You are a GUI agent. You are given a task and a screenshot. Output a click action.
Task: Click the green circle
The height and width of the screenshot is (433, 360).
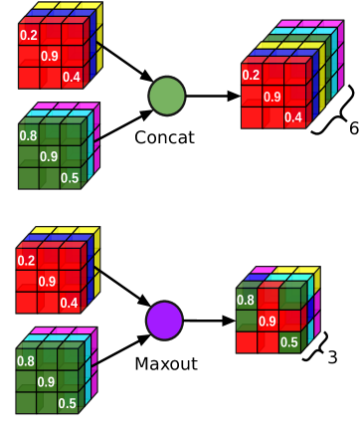[167, 96]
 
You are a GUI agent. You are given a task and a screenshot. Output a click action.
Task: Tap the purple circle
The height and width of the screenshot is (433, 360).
[164, 321]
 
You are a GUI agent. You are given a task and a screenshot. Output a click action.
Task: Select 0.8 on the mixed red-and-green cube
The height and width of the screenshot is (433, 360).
[246, 300]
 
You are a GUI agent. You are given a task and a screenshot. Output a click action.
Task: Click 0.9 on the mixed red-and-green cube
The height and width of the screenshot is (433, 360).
[268, 322]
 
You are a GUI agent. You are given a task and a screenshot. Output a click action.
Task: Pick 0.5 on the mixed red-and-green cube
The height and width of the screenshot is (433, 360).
[288, 342]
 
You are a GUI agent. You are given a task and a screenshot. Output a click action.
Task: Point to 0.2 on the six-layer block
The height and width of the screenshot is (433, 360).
[251, 75]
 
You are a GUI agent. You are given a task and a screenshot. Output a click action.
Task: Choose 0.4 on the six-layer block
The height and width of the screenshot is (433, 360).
[293, 117]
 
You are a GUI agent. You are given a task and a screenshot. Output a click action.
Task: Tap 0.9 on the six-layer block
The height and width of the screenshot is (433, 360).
[271, 97]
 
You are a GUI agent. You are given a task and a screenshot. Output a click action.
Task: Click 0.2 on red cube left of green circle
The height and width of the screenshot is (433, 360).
[28, 36]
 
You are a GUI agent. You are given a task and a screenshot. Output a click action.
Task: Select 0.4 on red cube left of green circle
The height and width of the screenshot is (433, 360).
[71, 78]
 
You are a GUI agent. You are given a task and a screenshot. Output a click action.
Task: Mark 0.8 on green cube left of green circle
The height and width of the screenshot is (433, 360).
[28, 135]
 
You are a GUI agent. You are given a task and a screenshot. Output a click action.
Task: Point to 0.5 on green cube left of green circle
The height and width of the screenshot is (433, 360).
[70, 178]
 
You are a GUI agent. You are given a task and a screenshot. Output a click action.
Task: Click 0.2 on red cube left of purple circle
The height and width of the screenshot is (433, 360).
[26, 261]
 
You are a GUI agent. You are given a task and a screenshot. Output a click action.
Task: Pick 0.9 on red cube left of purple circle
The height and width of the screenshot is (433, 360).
[47, 282]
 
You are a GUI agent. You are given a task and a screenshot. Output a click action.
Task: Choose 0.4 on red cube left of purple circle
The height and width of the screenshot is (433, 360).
[68, 304]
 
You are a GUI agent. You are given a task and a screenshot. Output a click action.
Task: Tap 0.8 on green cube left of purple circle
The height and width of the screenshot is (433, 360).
[26, 361]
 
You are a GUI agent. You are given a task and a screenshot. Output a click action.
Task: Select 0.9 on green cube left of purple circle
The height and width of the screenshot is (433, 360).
[47, 382]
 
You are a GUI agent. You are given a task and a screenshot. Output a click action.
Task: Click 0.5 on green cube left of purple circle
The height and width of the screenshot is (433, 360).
[68, 403]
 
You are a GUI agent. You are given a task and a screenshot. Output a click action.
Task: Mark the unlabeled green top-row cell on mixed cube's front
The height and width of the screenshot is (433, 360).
[289, 299]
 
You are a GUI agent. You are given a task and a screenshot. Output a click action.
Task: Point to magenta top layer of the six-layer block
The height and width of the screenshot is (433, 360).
[308, 24]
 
